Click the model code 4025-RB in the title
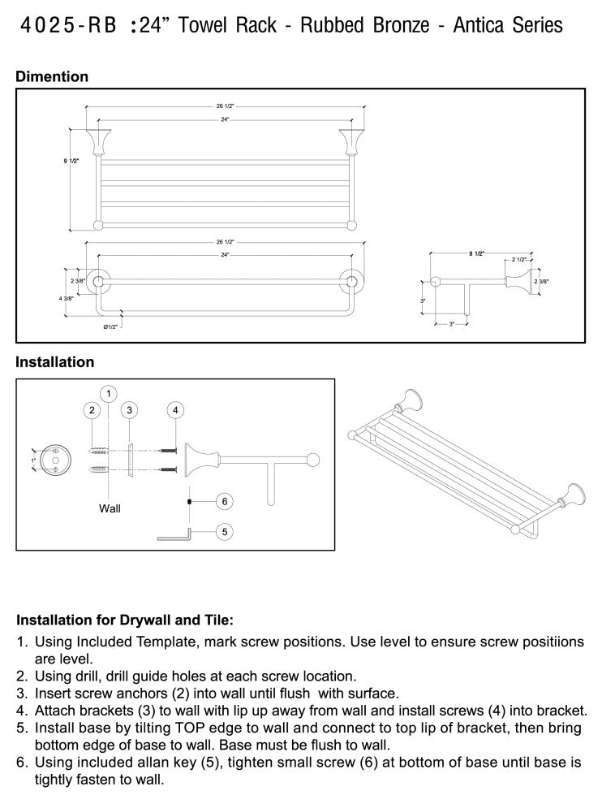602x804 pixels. point(67,26)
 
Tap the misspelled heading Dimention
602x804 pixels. point(52,76)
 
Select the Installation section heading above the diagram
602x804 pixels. point(54,362)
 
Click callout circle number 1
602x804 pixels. point(109,393)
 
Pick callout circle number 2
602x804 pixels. point(92,410)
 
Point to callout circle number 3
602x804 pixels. point(129,410)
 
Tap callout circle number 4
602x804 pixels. point(174,410)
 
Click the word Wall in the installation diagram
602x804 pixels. point(110,508)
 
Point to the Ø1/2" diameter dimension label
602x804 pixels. point(110,326)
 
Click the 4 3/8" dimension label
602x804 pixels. point(67,299)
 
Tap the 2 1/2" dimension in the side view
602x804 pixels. point(518,259)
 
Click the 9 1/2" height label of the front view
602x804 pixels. point(71,162)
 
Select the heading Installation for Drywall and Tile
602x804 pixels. point(125,619)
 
